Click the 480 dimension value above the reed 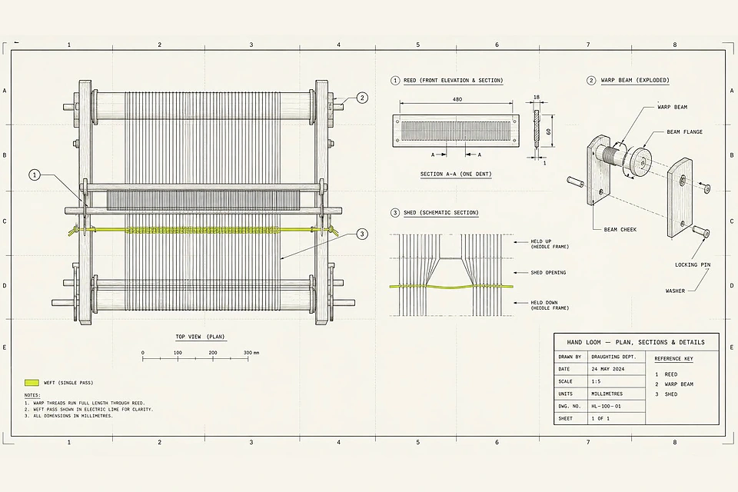coord(457,99)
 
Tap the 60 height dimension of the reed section coord(548,131)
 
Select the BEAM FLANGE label coord(684,131)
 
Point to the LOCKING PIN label coord(693,264)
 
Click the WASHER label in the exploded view coord(675,291)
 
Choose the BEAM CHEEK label coord(620,230)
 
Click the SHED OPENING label coord(548,273)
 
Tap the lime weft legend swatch coord(32,383)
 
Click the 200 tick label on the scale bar coord(213,353)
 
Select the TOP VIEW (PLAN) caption coord(201,337)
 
